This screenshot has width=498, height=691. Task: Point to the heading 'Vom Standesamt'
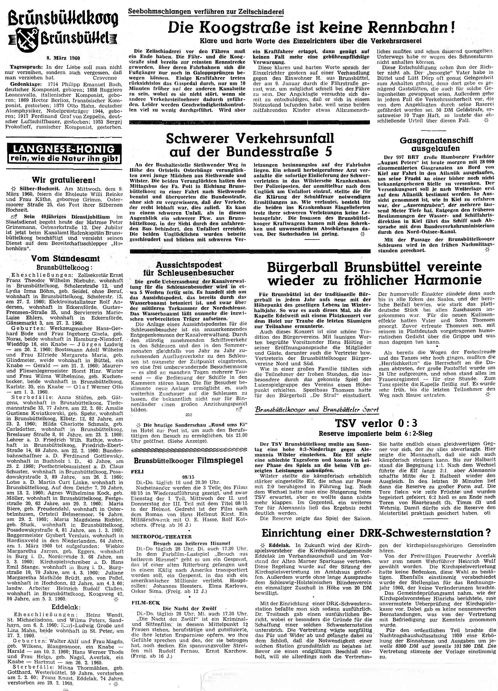click(x=66, y=259)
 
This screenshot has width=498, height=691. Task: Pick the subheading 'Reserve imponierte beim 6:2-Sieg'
click(x=375, y=433)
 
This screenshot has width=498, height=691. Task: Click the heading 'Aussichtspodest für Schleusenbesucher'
click(x=189, y=268)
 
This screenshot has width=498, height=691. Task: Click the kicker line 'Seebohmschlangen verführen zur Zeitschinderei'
click(x=206, y=11)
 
